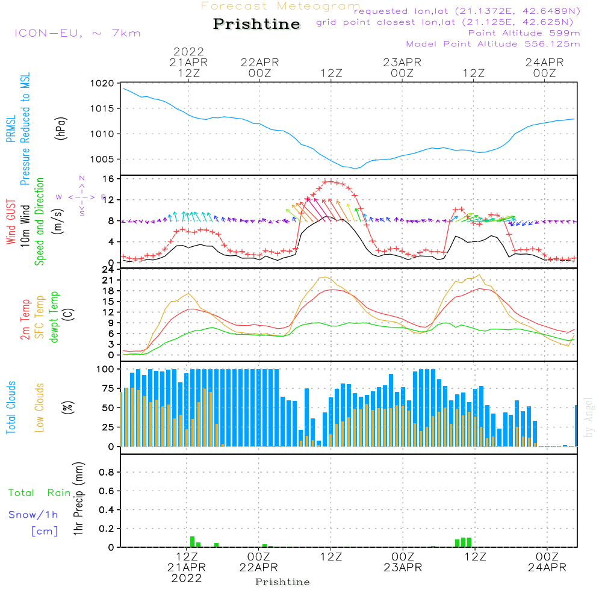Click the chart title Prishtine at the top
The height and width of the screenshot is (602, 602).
(256, 24)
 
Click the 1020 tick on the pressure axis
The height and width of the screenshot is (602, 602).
(104, 83)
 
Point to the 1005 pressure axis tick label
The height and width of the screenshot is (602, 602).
(104, 159)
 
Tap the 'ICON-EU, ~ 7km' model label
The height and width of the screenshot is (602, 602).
(77, 33)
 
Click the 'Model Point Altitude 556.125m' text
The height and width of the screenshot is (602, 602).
(493, 44)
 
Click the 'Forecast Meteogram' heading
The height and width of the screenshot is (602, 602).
(281, 6)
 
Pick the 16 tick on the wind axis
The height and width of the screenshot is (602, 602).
(108, 179)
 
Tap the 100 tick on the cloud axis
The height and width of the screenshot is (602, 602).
(106, 368)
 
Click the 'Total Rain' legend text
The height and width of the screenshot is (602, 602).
(39, 493)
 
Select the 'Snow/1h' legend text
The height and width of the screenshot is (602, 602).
(33, 515)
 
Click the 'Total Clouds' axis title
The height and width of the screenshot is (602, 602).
(11, 407)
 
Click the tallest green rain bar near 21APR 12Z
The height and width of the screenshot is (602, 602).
(193, 541)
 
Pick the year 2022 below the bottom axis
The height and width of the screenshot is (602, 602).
(187, 579)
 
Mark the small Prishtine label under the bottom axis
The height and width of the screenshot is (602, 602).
(282, 582)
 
